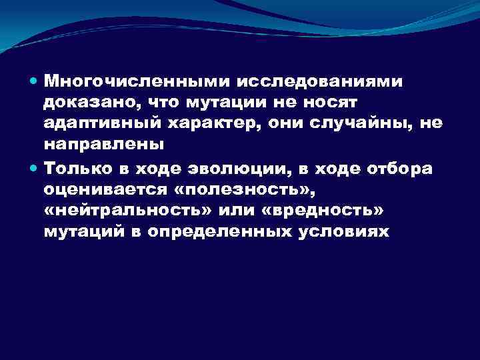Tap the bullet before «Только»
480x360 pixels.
[34, 168]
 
